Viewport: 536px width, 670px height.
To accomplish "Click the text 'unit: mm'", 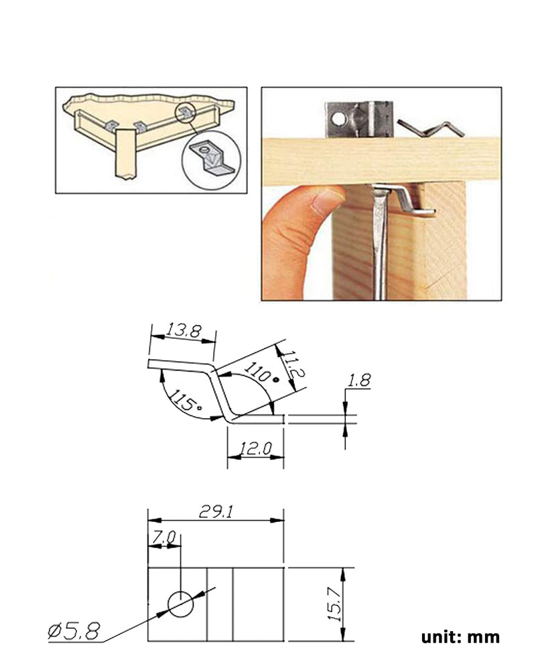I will click(x=460, y=637).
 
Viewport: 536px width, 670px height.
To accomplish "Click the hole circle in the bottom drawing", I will click(x=180, y=604).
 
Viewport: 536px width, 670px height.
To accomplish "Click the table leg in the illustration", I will click(x=126, y=155).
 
